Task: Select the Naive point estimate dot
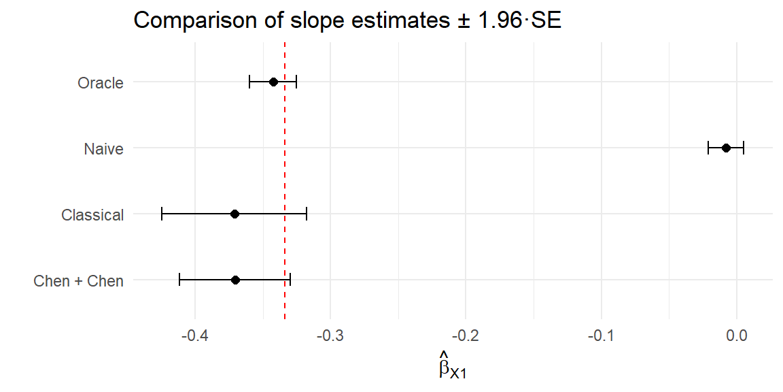coord(726,148)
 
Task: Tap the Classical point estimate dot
coord(234,214)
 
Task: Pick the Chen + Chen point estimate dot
coord(235,280)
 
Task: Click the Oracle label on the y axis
coord(101,83)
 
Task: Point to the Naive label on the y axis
coord(103,149)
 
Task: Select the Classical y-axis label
coord(92,215)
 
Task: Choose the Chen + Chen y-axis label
coord(78,281)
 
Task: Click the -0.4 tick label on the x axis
coord(194,336)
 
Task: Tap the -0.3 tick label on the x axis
coord(330,336)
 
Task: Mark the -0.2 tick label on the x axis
coord(465,336)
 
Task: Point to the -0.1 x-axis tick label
coord(600,336)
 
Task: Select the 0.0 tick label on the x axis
coord(737,336)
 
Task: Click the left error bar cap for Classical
coord(162,214)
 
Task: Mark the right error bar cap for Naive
coord(744,148)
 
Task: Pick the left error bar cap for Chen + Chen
coord(179,280)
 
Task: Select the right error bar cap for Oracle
coord(296,82)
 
